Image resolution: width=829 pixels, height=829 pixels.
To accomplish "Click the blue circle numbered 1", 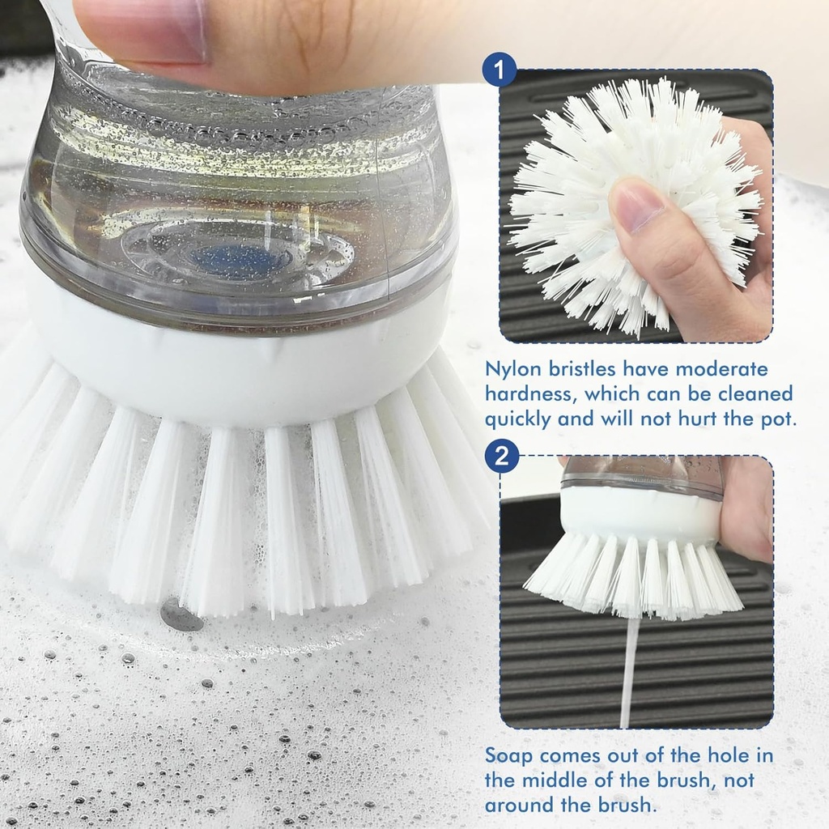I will (500, 70).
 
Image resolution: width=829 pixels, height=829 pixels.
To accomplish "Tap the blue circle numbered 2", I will (501, 457).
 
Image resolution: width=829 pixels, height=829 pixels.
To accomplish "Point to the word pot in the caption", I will (776, 420).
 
